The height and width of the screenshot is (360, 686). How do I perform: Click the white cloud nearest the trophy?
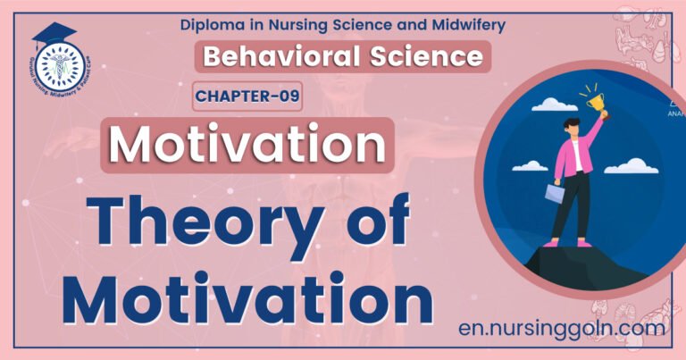tap(555, 105)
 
